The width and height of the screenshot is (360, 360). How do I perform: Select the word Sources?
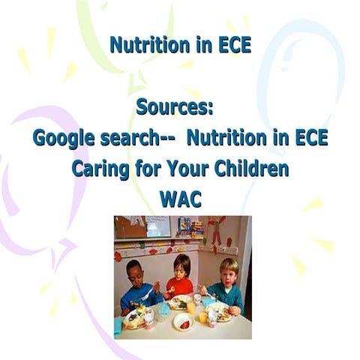click(x=175, y=107)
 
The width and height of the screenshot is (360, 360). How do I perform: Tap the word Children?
click(x=252, y=169)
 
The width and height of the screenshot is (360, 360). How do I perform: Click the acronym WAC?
click(x=180, y=199)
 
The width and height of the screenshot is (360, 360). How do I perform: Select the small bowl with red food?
click(x=184, y=322)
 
